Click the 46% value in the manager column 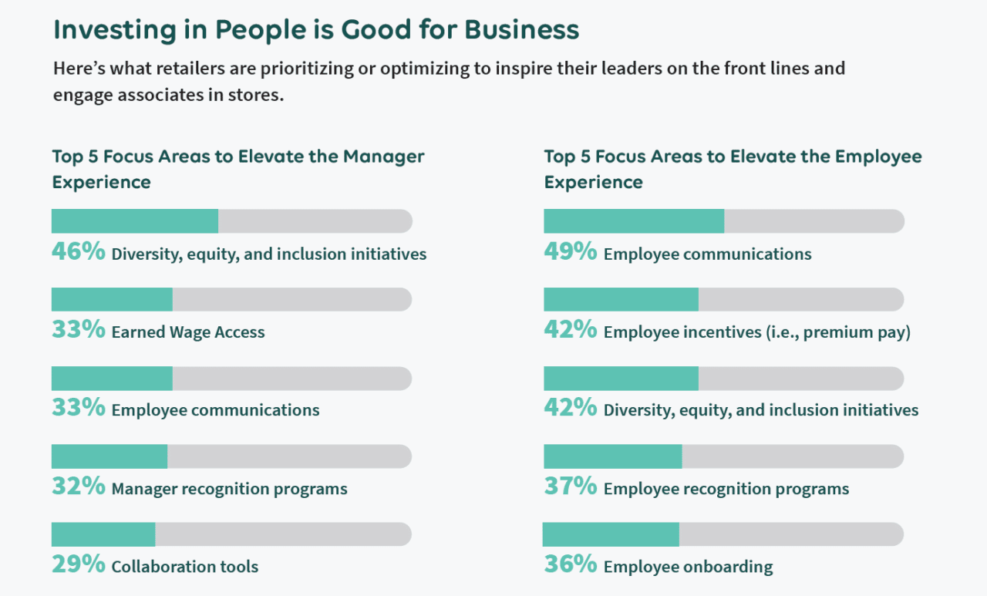(78, 252)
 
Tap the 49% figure (570, 252)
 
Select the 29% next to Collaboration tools (78, 564)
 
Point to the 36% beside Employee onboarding (570, 564)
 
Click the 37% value (570, 487)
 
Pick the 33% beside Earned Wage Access (78, 330)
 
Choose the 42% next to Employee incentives (570, 330)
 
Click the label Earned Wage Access (188, 332)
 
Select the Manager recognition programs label (229, 489)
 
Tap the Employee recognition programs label (726, 489)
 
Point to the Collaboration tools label (184, 567)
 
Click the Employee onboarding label (688, 567)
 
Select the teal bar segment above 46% (135, 221)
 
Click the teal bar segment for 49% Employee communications (634, 221)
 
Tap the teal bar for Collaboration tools (103, 534)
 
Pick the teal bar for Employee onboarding (611, 534)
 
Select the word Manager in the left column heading (383, 157)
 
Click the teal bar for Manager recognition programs (109, 456)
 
